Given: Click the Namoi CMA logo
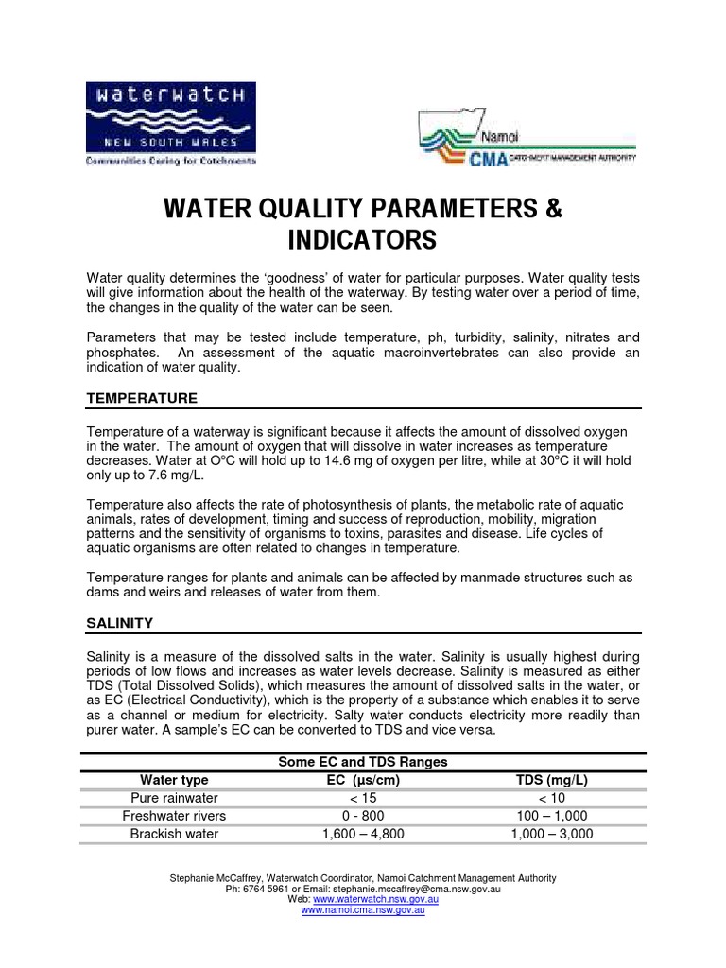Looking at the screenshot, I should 527,138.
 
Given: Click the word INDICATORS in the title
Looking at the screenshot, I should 363,241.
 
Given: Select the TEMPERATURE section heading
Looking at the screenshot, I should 142,399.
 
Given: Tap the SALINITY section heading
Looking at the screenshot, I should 120,624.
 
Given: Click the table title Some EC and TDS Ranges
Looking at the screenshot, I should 362,762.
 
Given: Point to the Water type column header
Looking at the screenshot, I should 174,780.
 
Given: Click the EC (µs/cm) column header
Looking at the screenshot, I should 363,780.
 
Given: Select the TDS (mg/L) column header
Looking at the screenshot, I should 551,780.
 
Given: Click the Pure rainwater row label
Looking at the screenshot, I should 174,798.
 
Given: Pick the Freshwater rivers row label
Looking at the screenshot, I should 174,816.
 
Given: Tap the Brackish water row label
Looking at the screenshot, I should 174,834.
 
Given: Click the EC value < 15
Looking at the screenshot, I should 363,798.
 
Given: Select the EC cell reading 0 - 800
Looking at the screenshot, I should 363,816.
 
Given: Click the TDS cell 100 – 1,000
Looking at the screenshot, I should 551,816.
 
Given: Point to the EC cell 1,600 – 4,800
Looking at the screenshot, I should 363,834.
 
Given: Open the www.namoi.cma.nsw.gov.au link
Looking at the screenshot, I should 362,910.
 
